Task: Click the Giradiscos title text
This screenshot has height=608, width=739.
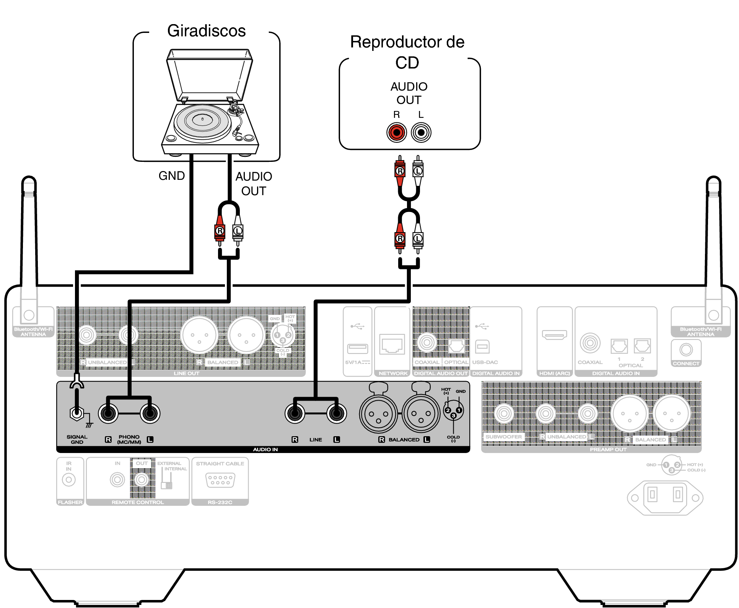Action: point(206,31)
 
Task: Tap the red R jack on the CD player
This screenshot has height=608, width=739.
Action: point(396,133)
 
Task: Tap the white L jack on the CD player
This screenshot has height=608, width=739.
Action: point(421,133)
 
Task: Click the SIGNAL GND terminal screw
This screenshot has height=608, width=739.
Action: point(77,413)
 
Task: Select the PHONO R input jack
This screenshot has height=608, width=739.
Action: point(108,413)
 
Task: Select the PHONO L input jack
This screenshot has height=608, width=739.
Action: point(150,413)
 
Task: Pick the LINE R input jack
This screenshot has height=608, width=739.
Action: point(295,413)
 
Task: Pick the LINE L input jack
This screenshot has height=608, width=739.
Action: point(336,413)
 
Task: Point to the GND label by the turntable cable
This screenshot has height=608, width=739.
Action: point(172,176)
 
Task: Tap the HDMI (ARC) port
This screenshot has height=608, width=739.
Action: point(554,335)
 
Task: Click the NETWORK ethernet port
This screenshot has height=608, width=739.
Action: point(392,344)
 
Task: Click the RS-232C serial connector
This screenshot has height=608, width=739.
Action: point(220,480)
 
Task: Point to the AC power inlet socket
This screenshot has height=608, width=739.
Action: point(665,497)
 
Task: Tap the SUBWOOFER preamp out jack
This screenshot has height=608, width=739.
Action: point(504,413)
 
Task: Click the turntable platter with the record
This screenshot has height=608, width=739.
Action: point(202,121)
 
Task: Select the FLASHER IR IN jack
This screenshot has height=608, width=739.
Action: point(69,479)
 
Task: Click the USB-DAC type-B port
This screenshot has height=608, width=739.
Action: point(482,347)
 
